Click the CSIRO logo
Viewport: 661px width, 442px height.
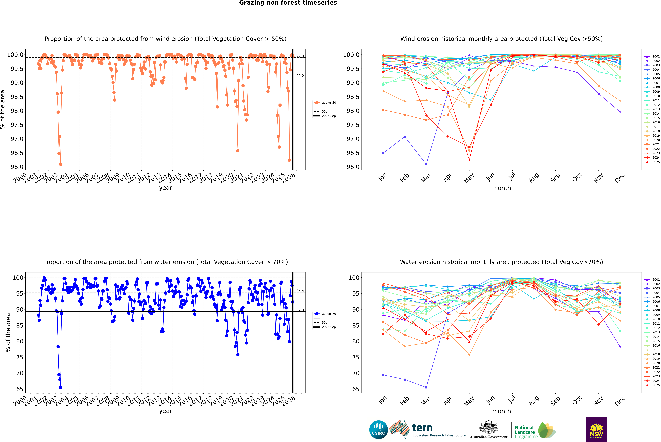(x=378, y=430)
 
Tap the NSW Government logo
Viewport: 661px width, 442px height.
(x=596, y=430)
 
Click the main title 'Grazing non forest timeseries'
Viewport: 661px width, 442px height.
(x=288, y=3)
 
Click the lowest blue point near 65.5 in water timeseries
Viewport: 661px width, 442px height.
(x=61, y=387)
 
